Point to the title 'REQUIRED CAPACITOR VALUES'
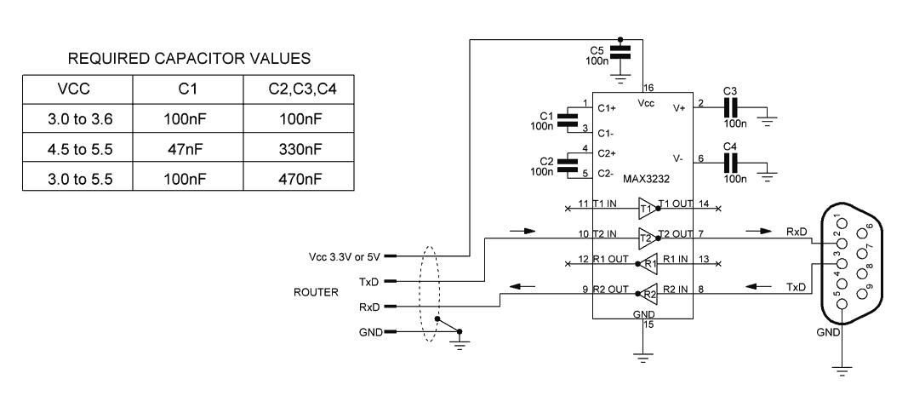[x=189, y=59]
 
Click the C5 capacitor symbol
[x=621, y=53]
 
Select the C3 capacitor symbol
[x=729, y=107]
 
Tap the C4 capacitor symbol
[x=729, y=158]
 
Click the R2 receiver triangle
[x=648, y=295]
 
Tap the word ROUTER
[x=317, y=292]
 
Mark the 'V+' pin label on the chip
[x=679, y=108]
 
